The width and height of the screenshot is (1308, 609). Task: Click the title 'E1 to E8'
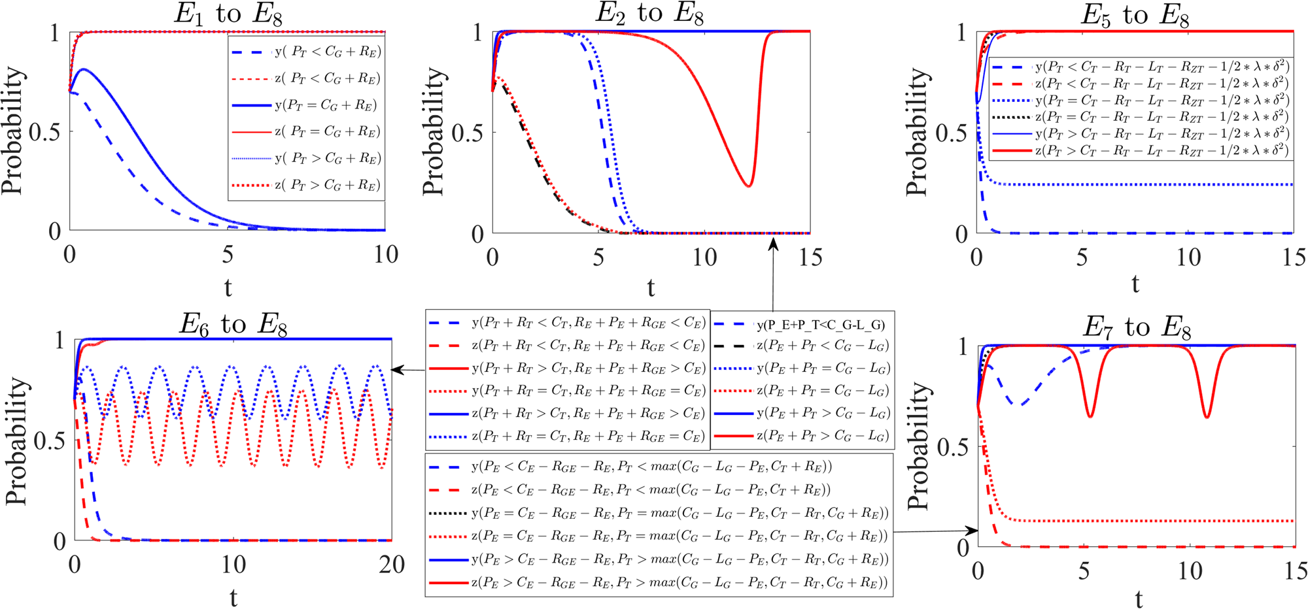tap(228, 14)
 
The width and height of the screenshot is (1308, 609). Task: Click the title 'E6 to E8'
tap(233, 324)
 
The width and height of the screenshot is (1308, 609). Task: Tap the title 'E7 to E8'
tap(1137, 327)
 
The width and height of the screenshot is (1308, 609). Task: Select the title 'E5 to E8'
tap(1135, 15)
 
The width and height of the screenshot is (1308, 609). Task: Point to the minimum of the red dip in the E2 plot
tap(749, 186)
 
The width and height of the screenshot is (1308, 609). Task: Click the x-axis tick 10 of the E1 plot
tap(386, 255)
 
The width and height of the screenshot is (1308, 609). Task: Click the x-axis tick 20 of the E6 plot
tap(391, 565)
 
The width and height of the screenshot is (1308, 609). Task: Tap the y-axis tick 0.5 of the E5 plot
tap(950, 133)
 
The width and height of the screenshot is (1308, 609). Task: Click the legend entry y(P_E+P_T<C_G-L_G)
tap(820, 325)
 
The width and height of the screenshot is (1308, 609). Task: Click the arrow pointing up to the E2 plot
tap(773, 243)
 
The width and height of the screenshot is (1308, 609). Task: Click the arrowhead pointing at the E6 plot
tap(394, 370)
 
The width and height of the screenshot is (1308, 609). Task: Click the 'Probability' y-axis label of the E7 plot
tap(918, 446)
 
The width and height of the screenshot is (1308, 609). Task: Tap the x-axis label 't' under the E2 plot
tap(650, 287)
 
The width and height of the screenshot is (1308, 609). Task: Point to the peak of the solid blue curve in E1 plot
tap(83, 69)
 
